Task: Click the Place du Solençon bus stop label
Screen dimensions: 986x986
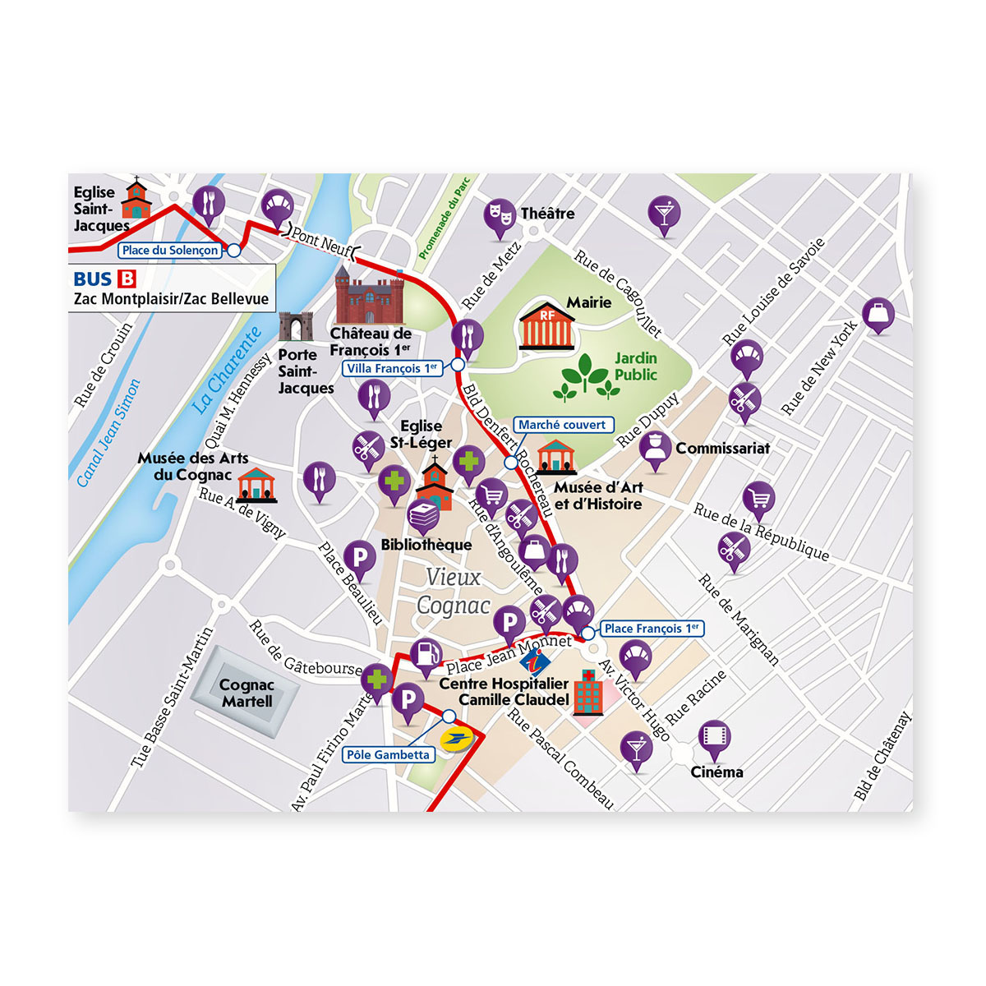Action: [171, 251]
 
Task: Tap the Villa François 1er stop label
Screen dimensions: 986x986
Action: [393, 369]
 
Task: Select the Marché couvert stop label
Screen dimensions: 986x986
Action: [563, 425]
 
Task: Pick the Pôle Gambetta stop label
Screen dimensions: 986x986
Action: [388, 755]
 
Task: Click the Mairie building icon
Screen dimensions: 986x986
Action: [547, 327]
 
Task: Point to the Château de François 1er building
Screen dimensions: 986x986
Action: [370, 295]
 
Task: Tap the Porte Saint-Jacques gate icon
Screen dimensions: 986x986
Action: [296, 327]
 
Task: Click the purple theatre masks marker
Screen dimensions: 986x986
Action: [499, 215]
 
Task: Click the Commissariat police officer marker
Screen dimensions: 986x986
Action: [656, 449]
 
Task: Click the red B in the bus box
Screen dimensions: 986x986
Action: [127, 279]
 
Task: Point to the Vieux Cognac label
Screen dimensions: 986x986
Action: [454, 592]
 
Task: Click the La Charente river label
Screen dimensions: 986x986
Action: [227, 370]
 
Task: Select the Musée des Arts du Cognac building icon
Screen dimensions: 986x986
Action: [256, 485]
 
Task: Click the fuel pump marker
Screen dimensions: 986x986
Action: [426, 653]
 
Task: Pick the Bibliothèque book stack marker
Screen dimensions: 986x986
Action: [424, 516]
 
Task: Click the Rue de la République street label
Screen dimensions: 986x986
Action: [761, 532]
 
